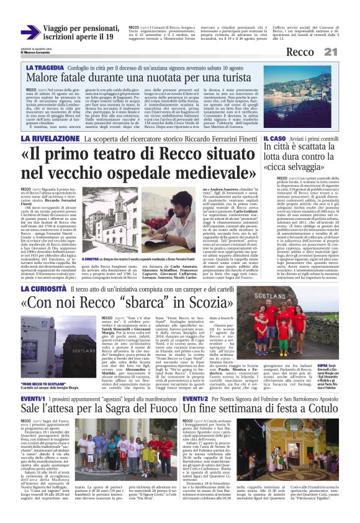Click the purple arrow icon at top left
click(30, 32)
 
